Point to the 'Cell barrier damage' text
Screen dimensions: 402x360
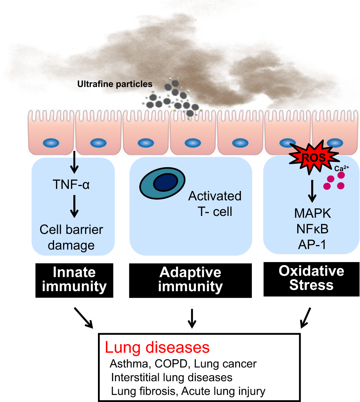point(72,237)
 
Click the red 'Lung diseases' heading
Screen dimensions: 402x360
point(157,347)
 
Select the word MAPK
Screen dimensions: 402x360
point(312,213)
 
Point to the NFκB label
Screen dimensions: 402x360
point(312,229)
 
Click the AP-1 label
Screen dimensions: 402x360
point(312,245)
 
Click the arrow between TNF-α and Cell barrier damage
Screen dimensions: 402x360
point(74,206)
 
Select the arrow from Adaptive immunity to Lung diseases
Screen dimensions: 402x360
point(192,318)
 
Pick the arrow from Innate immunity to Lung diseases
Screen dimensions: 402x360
point(84,317)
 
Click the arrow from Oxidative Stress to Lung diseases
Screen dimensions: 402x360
point(306,317)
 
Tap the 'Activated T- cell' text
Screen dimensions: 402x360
point(215,203)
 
